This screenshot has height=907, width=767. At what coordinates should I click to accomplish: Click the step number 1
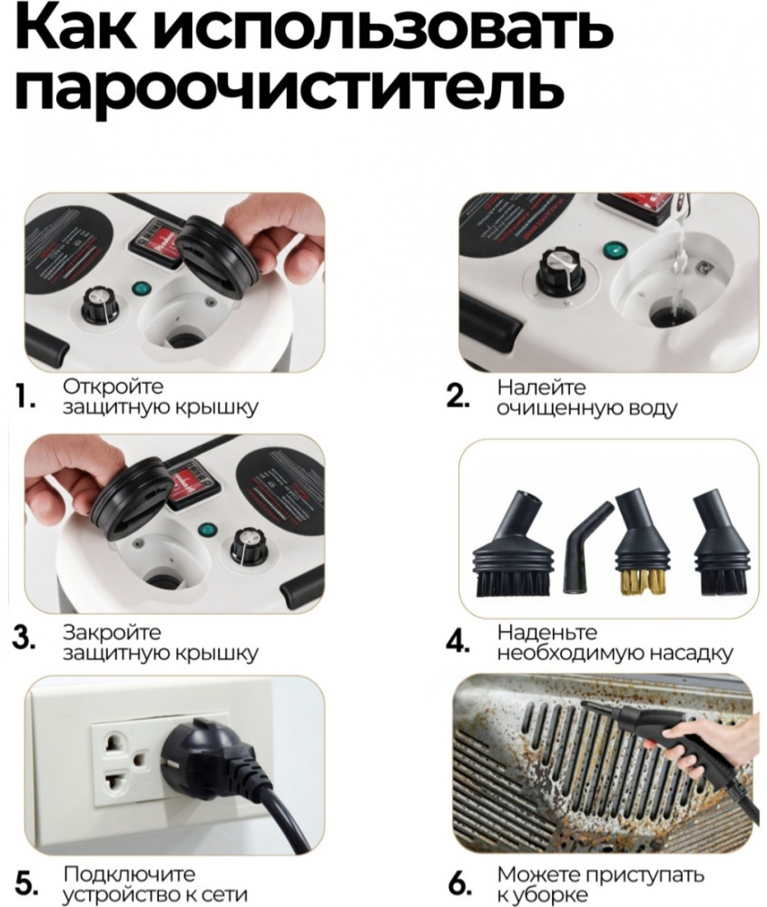coord(25,398)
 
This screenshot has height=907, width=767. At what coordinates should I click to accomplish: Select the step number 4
coord(457,642)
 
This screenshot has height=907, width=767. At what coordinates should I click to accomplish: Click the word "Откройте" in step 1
coord(113,385)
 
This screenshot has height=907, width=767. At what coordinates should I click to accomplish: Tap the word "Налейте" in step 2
coord(541,386)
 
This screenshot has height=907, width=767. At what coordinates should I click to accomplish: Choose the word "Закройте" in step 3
coord(112,632)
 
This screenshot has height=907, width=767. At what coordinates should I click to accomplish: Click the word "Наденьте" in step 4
coord(547,632)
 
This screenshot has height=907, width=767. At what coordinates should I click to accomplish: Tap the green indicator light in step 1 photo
coord(138,288)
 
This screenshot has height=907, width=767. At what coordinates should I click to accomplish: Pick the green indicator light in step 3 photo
coord(203,531)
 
